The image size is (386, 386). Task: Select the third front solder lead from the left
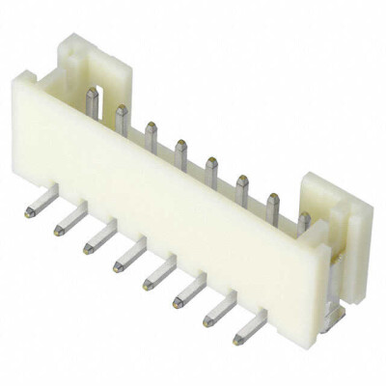(96, 238)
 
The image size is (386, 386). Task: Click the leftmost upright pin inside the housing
(92, 102)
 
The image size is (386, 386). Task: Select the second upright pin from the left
(122, 119)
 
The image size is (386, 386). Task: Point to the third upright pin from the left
(152, 133)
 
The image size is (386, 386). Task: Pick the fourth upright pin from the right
(211, 167)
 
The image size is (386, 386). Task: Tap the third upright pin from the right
(242, 184)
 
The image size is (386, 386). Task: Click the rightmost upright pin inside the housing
(304, 222)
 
